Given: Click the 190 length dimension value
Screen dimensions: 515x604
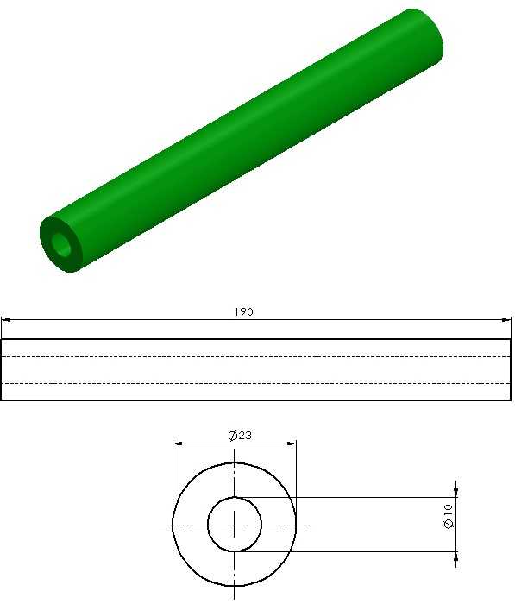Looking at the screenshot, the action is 244,312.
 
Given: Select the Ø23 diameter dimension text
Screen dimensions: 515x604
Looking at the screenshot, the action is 240,436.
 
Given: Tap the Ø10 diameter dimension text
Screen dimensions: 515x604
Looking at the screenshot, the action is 449,517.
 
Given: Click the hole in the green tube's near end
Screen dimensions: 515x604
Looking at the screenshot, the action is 61,244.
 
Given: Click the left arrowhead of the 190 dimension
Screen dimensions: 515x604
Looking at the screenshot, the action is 6,320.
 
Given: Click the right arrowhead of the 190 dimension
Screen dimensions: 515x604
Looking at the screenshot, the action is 506,320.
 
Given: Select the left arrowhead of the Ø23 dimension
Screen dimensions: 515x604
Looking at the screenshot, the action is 178,444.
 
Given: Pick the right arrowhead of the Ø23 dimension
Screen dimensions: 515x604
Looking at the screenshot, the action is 292,444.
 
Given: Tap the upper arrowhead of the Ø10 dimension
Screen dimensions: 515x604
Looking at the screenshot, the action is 456,493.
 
